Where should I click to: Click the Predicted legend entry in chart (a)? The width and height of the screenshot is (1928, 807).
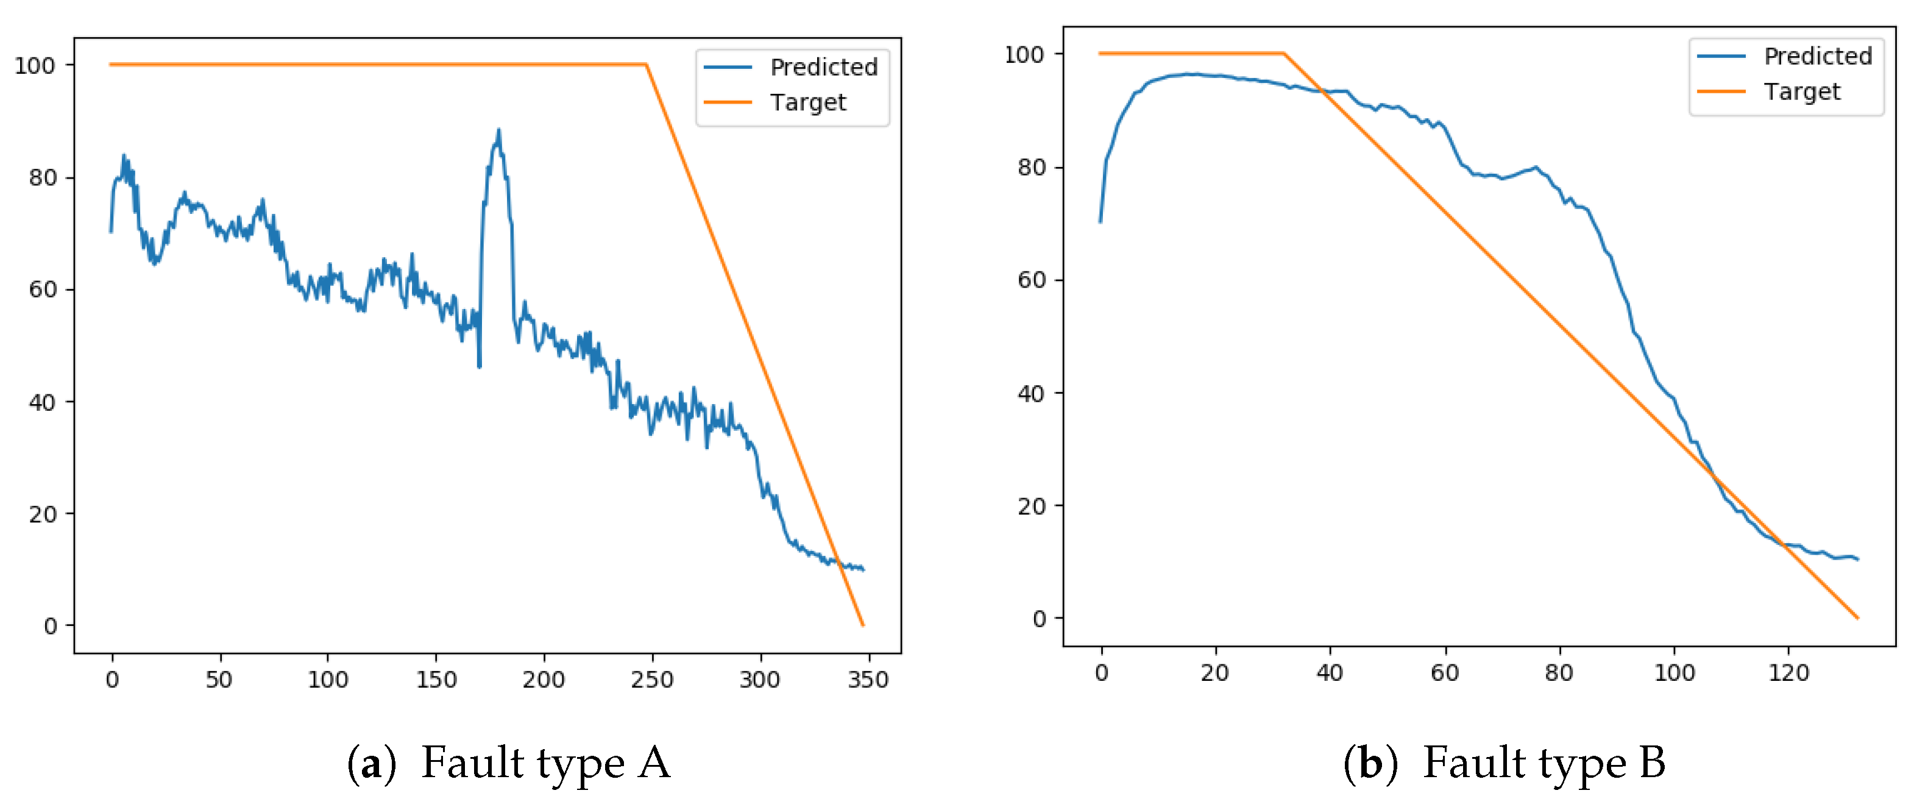(x=823, y=68)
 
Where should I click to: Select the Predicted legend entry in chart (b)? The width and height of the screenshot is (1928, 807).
(x=1816, y=56)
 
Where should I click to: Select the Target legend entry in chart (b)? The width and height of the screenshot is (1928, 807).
(x=1801, y=91)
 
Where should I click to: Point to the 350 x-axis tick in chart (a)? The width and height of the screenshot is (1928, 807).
(x=868, y=680)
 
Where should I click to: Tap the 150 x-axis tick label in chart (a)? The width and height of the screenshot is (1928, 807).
(x=436, y=680)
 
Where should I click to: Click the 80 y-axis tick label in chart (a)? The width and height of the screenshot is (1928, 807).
(x=43, y=178)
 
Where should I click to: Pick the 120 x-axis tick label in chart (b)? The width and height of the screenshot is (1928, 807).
(x=1788, y=673)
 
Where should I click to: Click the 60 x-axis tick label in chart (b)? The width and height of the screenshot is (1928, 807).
(x=1445, y=673)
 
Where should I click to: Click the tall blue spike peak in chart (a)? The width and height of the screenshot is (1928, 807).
(x=498, y=130)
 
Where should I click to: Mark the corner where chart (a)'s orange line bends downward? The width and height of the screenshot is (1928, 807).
(x=646, y=65)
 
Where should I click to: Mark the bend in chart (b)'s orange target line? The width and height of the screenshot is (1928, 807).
(x=1283, y=54)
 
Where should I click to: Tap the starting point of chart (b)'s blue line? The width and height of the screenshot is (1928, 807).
(x=1100, y=222)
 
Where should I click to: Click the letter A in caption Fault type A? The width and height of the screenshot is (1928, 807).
(x=654, y=763)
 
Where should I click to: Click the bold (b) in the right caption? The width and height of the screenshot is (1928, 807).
(x=1370, y=763)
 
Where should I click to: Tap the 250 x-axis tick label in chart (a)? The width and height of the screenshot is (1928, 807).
(x=652, y=680)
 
